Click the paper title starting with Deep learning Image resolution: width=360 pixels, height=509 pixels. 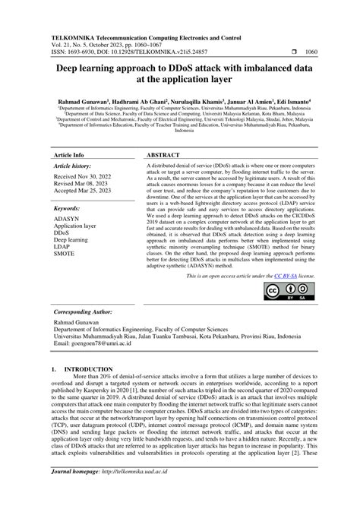(180, 72)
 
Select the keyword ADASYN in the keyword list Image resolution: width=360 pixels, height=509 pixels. (66, 219)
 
